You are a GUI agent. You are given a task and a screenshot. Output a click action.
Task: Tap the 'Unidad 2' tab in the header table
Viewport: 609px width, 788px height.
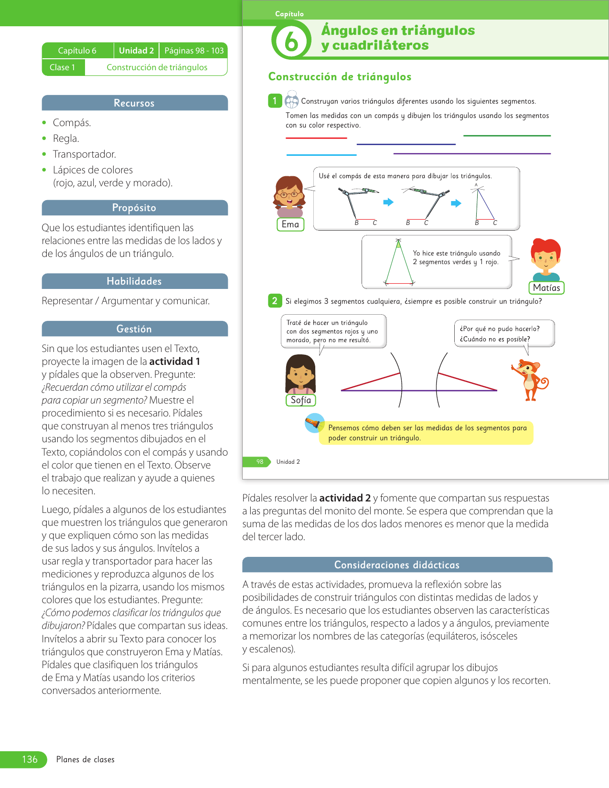(x=136, y=51)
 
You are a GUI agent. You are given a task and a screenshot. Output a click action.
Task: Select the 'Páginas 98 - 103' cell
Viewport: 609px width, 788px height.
(x=194, y=51)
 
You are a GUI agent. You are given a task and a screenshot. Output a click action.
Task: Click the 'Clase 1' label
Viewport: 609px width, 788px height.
(x=63, y=67)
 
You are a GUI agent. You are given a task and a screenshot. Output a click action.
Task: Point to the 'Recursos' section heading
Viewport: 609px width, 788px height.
(x=134, y=103)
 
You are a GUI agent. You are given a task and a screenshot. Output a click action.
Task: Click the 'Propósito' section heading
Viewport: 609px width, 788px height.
(x=134, y=208)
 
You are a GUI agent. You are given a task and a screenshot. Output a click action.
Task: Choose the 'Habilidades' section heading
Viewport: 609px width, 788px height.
(x=134, y=281)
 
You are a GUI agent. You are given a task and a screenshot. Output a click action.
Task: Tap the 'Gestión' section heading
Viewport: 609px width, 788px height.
(x=134, y=329)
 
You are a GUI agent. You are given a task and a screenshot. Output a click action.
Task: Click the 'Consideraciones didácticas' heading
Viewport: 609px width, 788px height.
(x=397, y=565)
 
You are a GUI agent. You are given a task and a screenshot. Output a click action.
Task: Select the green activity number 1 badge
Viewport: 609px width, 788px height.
(x=275, y=101)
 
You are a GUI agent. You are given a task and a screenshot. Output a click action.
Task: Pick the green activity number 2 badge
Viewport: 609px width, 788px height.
(x=275, y=301)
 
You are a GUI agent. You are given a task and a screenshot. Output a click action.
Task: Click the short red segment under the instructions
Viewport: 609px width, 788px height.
(x=316, y=138)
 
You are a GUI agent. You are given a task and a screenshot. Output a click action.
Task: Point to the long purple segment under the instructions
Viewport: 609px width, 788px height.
(x=472, y=154)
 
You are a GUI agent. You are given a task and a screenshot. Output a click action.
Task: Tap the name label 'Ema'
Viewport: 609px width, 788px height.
(x=290, y=224)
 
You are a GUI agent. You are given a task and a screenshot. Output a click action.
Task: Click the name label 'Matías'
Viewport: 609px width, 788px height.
(x=546, y=288)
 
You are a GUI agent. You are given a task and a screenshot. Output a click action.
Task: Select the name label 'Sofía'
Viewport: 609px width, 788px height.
(x=301, y=400)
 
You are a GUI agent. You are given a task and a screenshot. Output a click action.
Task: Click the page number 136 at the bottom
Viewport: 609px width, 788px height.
(x=30, y=759)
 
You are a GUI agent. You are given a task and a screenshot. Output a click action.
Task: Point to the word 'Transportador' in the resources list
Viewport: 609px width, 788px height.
(x=85, y=154)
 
